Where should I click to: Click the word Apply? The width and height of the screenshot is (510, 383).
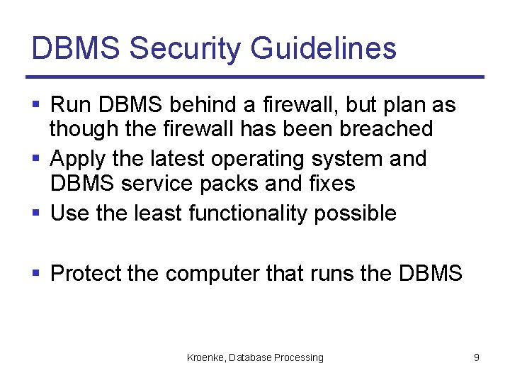[x=76, y=158]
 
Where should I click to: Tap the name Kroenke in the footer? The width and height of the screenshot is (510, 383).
[x=205, y=357]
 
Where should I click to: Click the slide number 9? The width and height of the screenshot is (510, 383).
[x=476, y=357]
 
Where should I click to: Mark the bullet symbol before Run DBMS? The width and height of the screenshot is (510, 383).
[x=37, y=106]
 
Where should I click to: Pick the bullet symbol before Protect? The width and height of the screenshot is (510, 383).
[x=37, y=273]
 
